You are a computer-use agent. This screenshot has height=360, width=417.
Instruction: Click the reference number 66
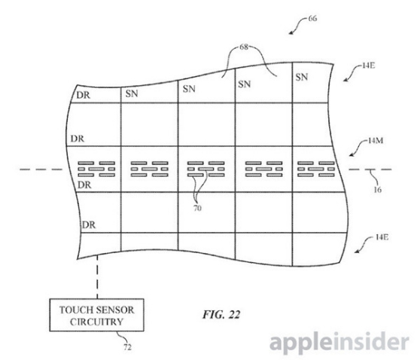(313, 18)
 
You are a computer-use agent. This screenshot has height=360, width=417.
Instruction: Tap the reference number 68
(244, 47)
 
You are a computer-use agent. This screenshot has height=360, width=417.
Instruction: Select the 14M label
(376, 140)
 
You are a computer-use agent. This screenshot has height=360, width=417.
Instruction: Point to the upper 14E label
(369, 66)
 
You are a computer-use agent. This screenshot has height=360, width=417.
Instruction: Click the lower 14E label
(382, 236)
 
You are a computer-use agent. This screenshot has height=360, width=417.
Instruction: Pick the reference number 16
(378, 190)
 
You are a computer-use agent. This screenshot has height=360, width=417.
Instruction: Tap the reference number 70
(197, 208)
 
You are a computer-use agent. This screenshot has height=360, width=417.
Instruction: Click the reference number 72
(128, 347)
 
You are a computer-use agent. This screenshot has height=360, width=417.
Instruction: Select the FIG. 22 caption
(221, 315)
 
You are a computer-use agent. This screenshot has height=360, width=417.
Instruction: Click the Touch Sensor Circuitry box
(97, 315)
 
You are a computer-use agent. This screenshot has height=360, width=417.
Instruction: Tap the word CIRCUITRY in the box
(97, 322)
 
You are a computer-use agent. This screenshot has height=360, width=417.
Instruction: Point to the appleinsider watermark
(339, 342)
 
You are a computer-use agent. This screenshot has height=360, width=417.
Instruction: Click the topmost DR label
(84, 95)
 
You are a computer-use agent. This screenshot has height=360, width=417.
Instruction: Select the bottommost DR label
(89, 225)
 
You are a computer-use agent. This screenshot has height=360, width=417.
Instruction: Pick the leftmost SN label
(132, 93)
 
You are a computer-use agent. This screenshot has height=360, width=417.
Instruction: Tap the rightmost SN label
(302, 77)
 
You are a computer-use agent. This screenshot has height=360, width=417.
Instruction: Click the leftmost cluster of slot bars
(96, 169)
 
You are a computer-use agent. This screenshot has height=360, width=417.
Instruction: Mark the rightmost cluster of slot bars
(316, 169)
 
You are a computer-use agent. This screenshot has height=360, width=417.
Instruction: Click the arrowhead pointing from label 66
(291, 32)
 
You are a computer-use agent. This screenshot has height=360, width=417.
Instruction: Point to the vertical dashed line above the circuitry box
(97, 276)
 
